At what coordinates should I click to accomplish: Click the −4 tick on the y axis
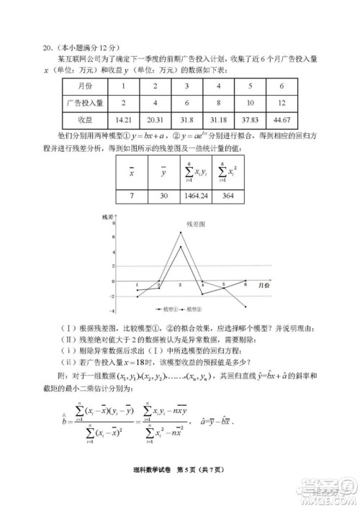(x=113, y=311)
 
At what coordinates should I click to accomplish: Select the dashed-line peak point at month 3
(x=180, y=232)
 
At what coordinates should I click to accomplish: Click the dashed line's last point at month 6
(x=245, y=307)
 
